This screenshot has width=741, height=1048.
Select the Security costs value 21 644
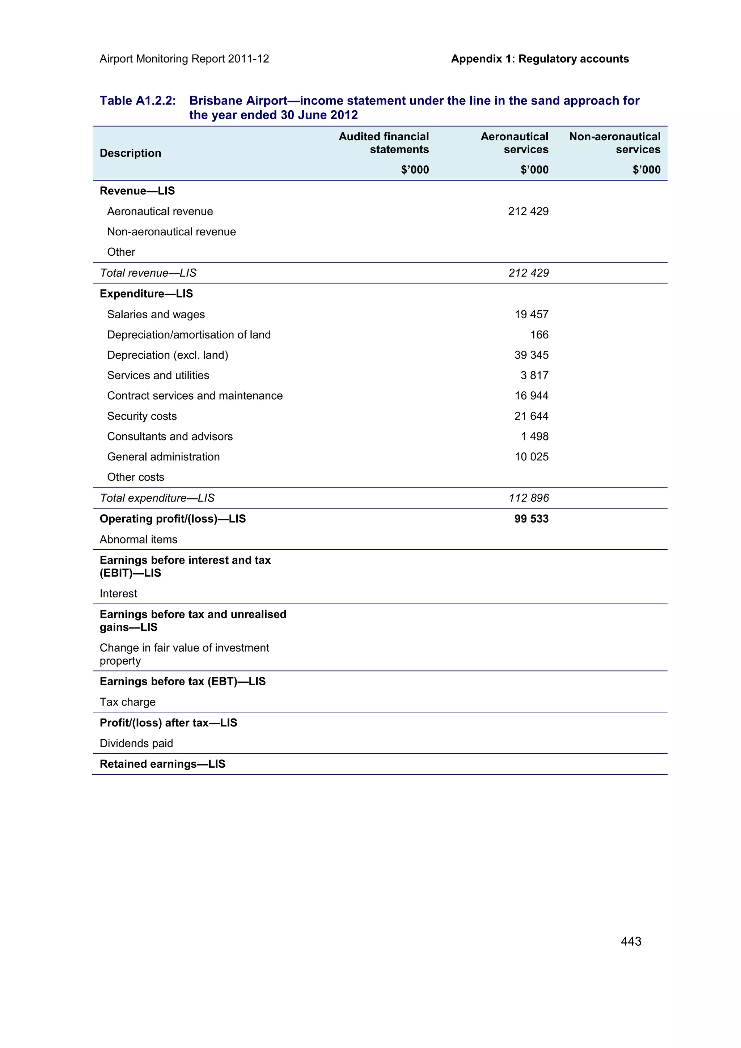click(x=531, y=416)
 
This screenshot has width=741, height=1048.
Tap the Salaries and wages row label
click(x=156, y=315)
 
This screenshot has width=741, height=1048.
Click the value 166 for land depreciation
click(x=539, y=335)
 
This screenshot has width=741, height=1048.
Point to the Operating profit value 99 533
click(x=531, y=519)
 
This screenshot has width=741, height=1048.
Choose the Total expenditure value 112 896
click(x=529, y=498)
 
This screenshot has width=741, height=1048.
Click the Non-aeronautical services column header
click(x=614, y=143)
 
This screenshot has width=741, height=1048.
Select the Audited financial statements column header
click(x=384, y=143)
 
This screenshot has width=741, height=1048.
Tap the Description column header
click(x=130, y=153)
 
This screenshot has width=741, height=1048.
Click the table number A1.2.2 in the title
click(x=137, y=101)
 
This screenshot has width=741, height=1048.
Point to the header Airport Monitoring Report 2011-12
click(x=184, y=59)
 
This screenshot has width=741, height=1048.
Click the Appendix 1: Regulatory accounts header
click(x=540, y=59)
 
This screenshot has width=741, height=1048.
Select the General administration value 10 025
click(x=532, y=456)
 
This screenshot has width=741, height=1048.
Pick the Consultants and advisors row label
click(x=170, y=436)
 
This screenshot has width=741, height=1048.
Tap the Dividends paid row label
click(x=136, y=743)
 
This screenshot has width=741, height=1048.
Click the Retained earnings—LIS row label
click(x=162, y=764)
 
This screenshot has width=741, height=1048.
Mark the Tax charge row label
click(x=127, y=702)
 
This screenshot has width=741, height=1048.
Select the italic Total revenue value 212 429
click(x=529, y=273)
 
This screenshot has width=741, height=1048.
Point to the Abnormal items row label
click(x=138, y=540)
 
